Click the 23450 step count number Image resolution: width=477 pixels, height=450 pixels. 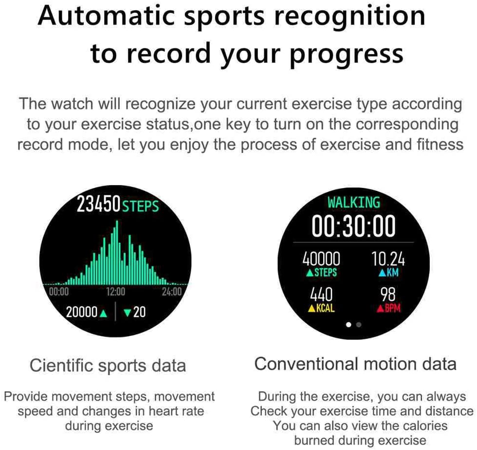(98, 204)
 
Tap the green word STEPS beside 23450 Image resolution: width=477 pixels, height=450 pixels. (141, 206)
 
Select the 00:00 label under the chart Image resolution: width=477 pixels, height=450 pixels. (59, 292)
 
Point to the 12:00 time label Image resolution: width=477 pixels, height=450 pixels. (116, 292)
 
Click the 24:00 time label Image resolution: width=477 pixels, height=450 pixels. (171, 292)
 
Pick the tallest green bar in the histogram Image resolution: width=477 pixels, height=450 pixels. (117, 252)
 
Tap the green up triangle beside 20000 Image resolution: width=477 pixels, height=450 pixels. (103, 313)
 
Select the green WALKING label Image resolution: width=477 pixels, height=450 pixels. (354, 203)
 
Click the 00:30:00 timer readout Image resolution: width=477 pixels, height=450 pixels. (353, 225)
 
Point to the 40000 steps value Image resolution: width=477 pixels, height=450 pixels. (321, 259)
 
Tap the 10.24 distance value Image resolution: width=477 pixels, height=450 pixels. (388, 259)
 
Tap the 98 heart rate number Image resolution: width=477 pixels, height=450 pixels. (388, 295)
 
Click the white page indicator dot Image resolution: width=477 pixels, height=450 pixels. (349, 324)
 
